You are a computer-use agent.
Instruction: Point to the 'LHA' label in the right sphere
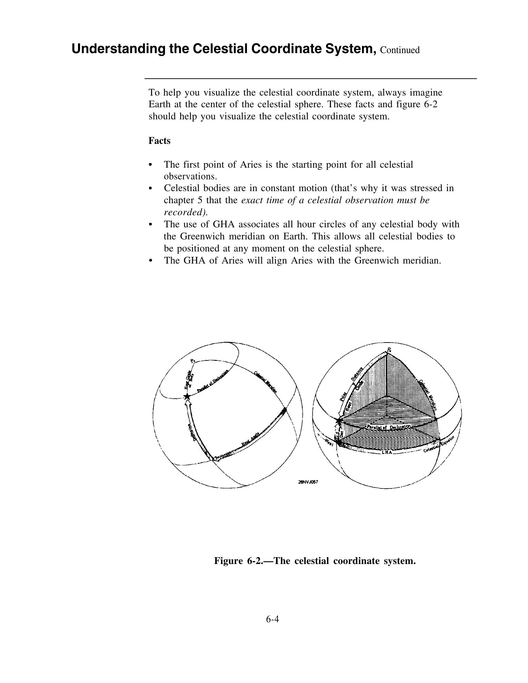387,452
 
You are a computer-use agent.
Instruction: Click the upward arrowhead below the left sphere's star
188,403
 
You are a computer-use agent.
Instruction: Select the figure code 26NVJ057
308,482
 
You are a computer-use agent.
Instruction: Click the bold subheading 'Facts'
159,141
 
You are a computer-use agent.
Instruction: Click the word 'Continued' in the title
400,50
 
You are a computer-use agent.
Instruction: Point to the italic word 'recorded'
185,212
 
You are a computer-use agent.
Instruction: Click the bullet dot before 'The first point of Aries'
150,165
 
